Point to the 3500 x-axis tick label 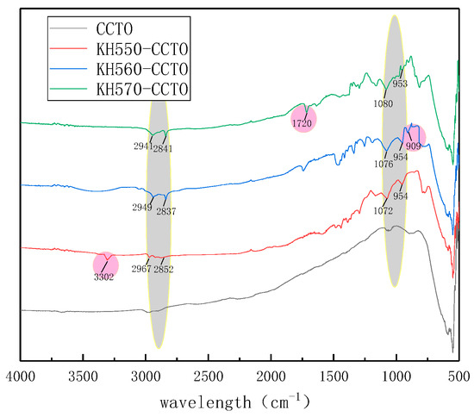tap(83, 376)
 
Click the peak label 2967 tap(140, 269)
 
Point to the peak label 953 tap(400, 85)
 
